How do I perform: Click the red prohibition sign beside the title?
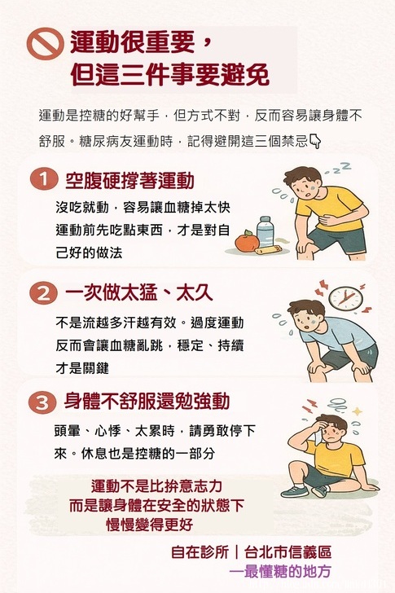click(x=45, y=44)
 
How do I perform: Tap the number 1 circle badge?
click(x=44, y=179)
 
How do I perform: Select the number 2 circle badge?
click(x=44, y=293)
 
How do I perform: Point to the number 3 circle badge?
click(x=42, y=402)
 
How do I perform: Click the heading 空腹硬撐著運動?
click(x=129, y=180)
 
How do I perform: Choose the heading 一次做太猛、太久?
click(x=138, y=292)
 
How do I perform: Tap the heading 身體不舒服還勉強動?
click(x=147, y=401)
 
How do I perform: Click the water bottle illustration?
click(x=266, y=231)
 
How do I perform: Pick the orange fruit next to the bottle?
click(x=247, y=241)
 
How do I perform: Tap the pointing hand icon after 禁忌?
click(x=315, y=141)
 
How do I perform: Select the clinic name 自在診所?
click(x=200, y=552)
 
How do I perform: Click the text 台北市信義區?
click(x=288, y=552)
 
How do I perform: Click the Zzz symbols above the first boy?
click(x=339, y=169)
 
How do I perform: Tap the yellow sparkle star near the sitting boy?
click(x=357, y=411)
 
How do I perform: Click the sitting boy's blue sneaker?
click(x=295, y=491)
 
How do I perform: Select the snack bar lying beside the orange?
click(x=270, y=250)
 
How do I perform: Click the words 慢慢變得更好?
click(x=149, y=525)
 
